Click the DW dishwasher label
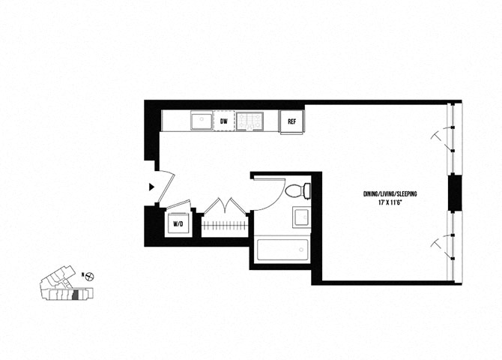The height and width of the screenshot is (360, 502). pos(223,121)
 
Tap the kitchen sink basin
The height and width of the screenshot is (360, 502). pos(200,121)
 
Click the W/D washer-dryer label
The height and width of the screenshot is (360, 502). pos(178,223)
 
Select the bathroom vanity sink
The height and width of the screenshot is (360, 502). pos(300,217)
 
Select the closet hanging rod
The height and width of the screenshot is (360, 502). pos(224,225)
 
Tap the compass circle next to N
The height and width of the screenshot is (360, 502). pos(91,276)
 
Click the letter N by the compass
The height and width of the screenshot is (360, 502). pos(82,276)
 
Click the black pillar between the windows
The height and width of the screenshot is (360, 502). pos(455,193)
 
